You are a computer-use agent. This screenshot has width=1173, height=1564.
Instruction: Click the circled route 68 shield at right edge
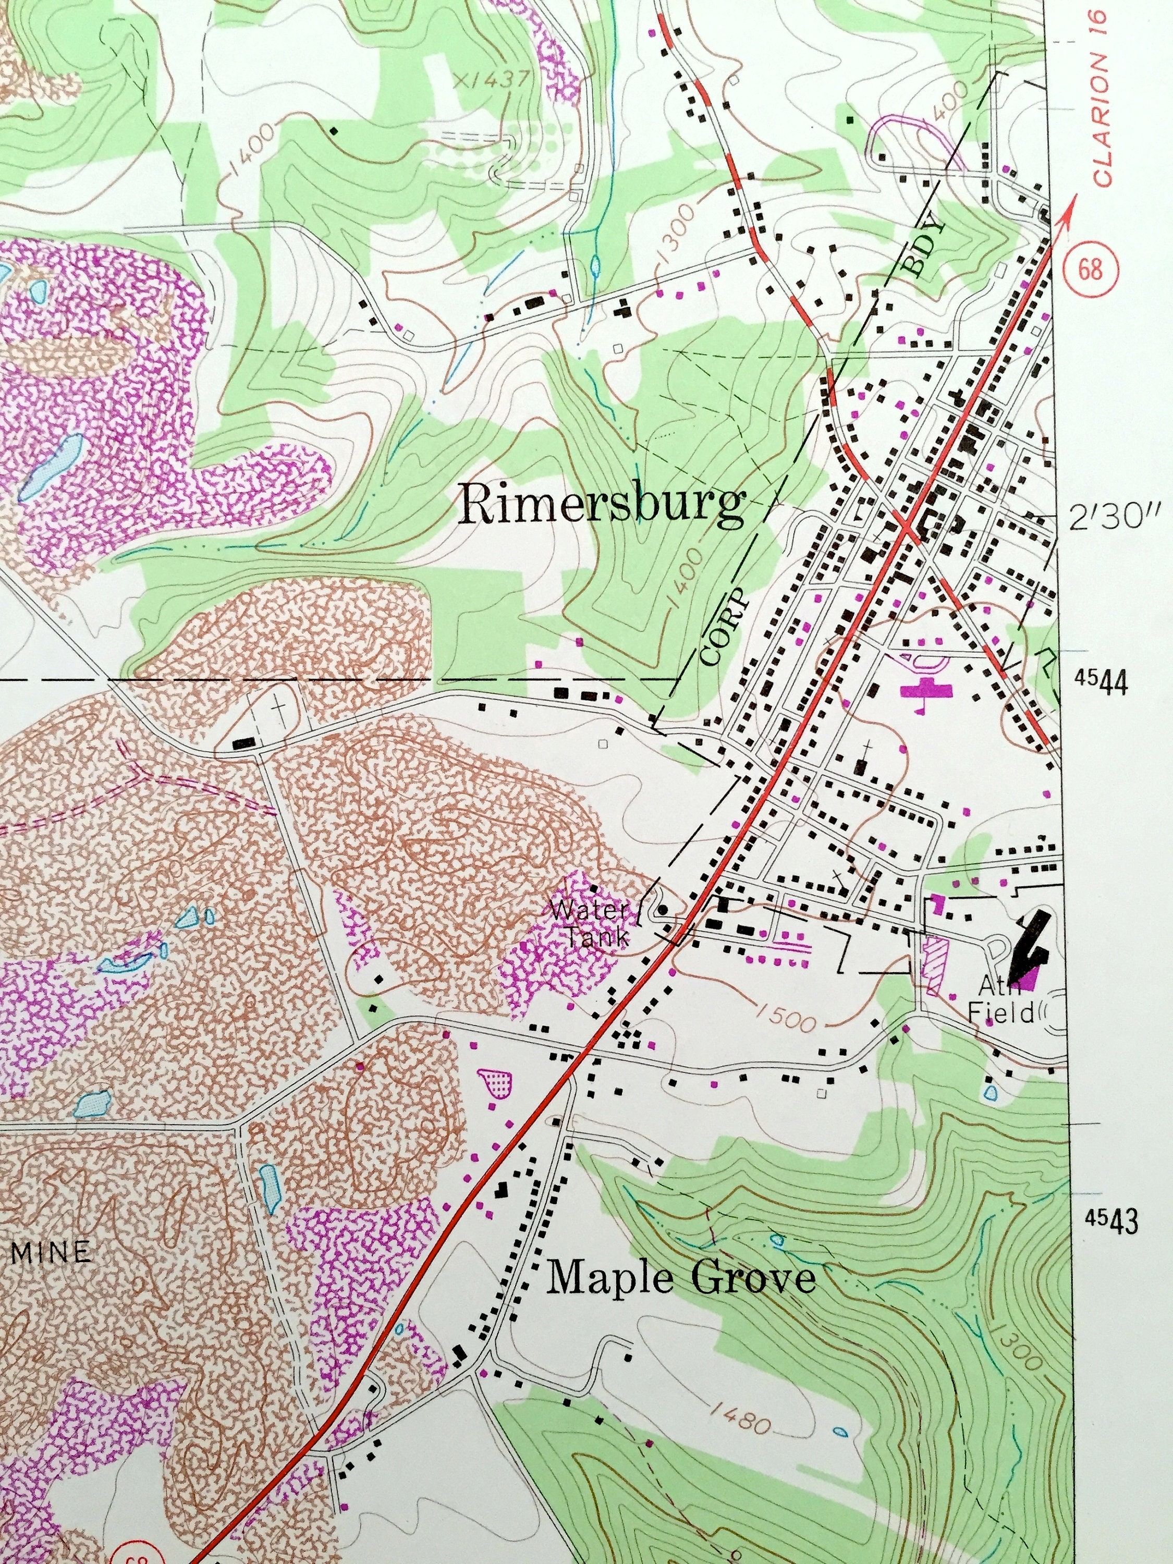[1091, 270]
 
